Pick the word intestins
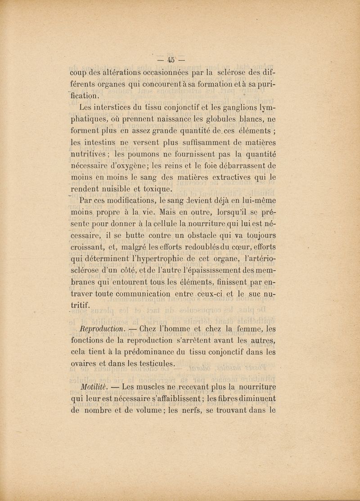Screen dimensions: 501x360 [x=99, y=143]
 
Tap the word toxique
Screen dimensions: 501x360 [x=149, y=189]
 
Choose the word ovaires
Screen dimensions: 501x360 [x=86, y=364]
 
